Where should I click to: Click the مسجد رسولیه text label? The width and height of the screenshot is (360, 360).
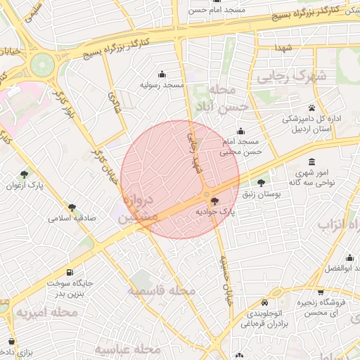[162, 85]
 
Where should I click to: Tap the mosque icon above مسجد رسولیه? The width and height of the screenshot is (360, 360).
[162, 74]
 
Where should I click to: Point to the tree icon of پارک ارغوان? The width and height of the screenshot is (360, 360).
[25, 174]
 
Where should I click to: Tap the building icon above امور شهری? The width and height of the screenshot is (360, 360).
[311, 162]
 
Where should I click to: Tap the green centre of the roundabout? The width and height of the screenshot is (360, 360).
[42, 64]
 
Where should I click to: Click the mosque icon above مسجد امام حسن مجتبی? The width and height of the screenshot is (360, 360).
[241, 131]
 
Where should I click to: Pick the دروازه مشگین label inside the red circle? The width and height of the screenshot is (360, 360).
[139, 210]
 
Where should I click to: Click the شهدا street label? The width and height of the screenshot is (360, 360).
[284, 46]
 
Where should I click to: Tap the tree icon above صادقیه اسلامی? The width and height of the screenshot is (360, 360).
[72, 207]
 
